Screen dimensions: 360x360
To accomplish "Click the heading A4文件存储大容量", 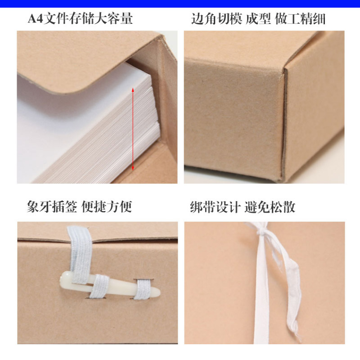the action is [80, 18].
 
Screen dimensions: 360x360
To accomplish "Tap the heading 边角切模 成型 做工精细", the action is [258, 18].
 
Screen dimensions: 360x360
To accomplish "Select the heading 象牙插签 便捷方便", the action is [80, 207].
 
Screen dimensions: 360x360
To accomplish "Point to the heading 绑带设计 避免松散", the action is [243, 207].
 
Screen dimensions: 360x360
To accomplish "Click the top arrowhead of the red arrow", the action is [133, 90].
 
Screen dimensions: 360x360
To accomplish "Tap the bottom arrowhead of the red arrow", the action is [133, 168].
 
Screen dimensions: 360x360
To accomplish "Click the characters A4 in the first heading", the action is [36, 18].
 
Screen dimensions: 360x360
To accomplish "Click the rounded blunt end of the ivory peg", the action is [62, 278].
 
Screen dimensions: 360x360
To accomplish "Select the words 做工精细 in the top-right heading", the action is [300, 18].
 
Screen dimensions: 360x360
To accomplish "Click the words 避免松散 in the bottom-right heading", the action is [270, 207].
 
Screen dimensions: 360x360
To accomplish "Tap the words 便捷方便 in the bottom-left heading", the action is [107, 207].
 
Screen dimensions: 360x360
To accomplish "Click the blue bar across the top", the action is [180, 4].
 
